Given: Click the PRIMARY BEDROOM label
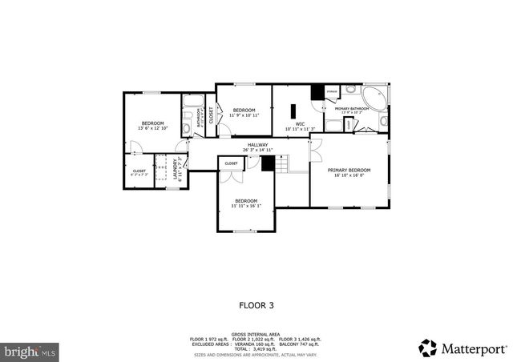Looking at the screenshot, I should coord(349,170).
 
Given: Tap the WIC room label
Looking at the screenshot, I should coord(300,123).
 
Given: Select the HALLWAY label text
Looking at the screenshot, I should coord(257,145).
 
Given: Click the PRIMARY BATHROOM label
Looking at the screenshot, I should coord(351,108).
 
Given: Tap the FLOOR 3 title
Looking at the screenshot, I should coord(256,304).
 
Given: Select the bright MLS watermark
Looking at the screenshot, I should coord(30,351).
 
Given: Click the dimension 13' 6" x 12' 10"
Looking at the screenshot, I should coord(151,128).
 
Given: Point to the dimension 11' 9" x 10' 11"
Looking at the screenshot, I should coord(243,115).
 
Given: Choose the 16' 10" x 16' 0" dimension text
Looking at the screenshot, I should coord(349,175).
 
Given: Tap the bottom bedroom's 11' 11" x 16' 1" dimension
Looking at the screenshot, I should coord(245,206).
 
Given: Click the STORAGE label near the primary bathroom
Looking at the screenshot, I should coord(331,92).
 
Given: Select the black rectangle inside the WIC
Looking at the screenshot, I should coord(293,111).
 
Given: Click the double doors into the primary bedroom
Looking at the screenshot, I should coord(313,150).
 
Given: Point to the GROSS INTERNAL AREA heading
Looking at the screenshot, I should coord(256,334).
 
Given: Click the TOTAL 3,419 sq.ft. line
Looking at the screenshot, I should coord(256,348).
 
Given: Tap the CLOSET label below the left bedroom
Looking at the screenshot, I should coord(139,170).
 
